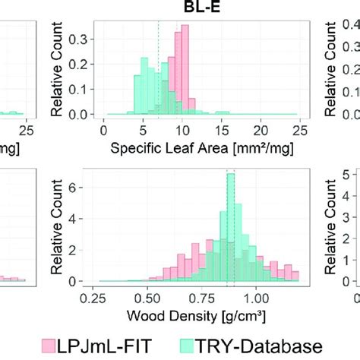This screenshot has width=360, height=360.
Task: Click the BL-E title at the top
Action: (x=197, y=8)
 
